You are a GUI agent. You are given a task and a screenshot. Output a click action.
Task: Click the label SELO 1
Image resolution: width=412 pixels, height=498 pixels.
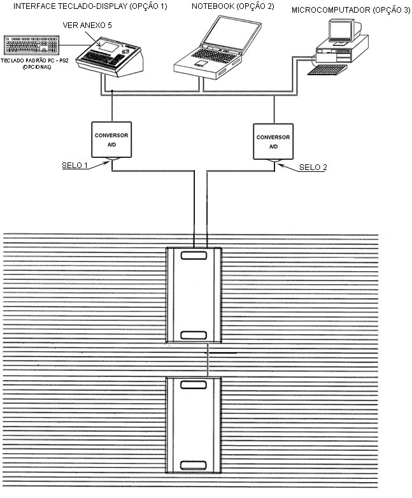(75, 166)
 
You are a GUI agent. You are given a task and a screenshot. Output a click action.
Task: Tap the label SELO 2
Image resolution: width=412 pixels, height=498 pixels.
(313, 167)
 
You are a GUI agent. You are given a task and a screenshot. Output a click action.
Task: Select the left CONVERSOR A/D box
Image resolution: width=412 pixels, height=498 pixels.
(111, 139)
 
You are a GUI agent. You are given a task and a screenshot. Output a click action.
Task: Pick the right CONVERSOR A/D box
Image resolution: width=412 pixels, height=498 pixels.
(273, 141)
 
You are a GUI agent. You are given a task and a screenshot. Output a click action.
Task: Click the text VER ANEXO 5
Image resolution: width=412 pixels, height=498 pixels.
(87, 25)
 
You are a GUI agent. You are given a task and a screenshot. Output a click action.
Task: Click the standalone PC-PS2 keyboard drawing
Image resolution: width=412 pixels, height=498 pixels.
(31, 45)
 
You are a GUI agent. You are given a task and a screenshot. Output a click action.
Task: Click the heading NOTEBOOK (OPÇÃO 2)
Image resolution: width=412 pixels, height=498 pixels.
(233, 6)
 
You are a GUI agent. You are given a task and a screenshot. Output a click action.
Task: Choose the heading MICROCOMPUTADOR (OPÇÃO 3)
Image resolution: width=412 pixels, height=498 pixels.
(351, 10)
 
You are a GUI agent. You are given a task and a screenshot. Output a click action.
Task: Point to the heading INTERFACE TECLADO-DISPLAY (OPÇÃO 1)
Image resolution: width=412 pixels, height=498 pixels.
(90, 6)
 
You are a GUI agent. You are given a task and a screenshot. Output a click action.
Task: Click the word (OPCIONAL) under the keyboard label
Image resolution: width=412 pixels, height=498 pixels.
(37, 68)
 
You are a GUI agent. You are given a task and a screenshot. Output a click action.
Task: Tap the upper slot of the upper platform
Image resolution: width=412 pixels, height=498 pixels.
(194, 255)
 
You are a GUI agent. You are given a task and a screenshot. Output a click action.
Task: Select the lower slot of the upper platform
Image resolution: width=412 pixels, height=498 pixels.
(194, 335)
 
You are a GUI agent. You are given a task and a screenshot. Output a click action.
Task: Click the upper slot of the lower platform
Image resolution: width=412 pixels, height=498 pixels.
(194, 385)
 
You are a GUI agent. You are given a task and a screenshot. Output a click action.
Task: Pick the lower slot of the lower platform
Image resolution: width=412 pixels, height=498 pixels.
(194, 465)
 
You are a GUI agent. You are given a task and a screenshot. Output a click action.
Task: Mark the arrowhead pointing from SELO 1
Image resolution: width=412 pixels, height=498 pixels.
(106, 163)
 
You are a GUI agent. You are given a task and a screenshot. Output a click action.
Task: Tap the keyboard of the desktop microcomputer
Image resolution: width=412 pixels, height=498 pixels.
(327, 69)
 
